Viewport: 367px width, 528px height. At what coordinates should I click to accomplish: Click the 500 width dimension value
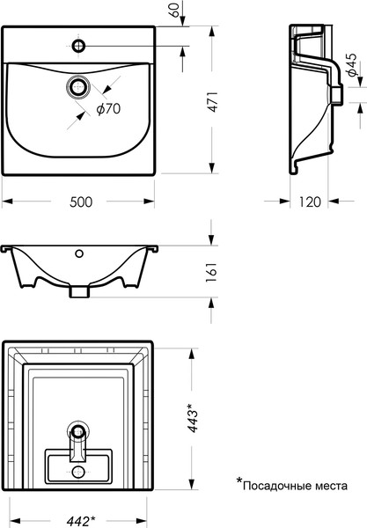pyautogui.click(x=81, y=202)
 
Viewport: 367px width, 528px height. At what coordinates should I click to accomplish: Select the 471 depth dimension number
pyautogui.click(x=213, y=102)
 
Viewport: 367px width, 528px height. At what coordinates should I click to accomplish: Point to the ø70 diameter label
pyautogui.click(x=108, y=109)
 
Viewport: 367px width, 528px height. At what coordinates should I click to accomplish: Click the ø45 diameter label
pyautogui.click(x=352, y=65)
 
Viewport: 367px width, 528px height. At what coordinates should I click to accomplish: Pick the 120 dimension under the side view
pyautogui.click(x=310, y=202)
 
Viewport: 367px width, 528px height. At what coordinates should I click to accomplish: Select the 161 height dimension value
pyautogui.click(x=213, y=272)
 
